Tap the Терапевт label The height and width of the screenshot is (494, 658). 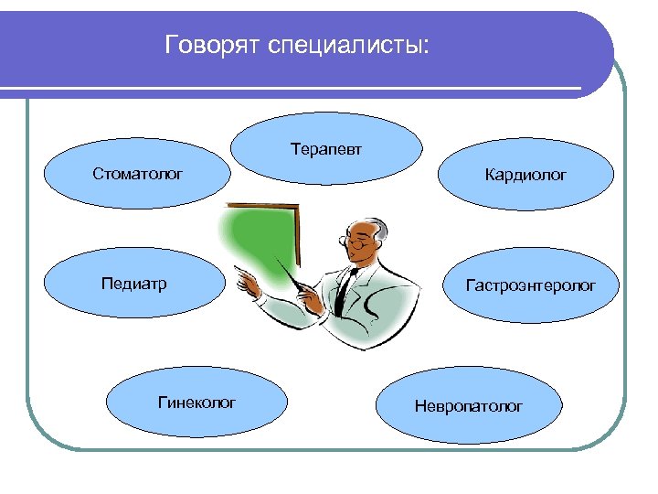(x=326, y=147)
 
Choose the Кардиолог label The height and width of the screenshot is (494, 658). (x=525, y=173)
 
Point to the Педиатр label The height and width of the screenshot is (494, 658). (x=133, y=285)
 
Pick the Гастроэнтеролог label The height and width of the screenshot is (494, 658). (x=530, y=286)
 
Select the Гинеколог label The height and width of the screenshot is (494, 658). (x=197, y=402)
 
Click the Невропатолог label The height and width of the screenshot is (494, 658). (x=469, y=405)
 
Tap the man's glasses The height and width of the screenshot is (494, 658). (x=358, y=242)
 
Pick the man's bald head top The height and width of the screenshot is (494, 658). (x=366, y=223)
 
